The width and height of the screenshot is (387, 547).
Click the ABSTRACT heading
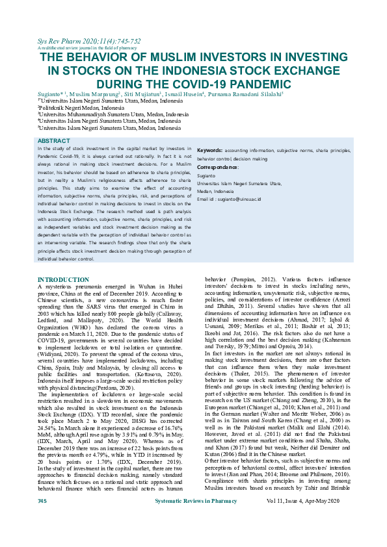pyautogui.click(x=53, y=141)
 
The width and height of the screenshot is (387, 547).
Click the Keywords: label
pyautogui.click(x=209, y=149)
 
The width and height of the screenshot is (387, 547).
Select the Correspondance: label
pyautogui.click(x=218, y=167)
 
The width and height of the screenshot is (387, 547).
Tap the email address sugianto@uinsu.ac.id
pyautogui.click(x=248, y=199)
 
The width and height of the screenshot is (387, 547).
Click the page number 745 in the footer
pyautogui.click(x=42, y=539)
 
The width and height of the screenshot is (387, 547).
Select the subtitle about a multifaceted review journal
pyautogui.click(x=87, y=48)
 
